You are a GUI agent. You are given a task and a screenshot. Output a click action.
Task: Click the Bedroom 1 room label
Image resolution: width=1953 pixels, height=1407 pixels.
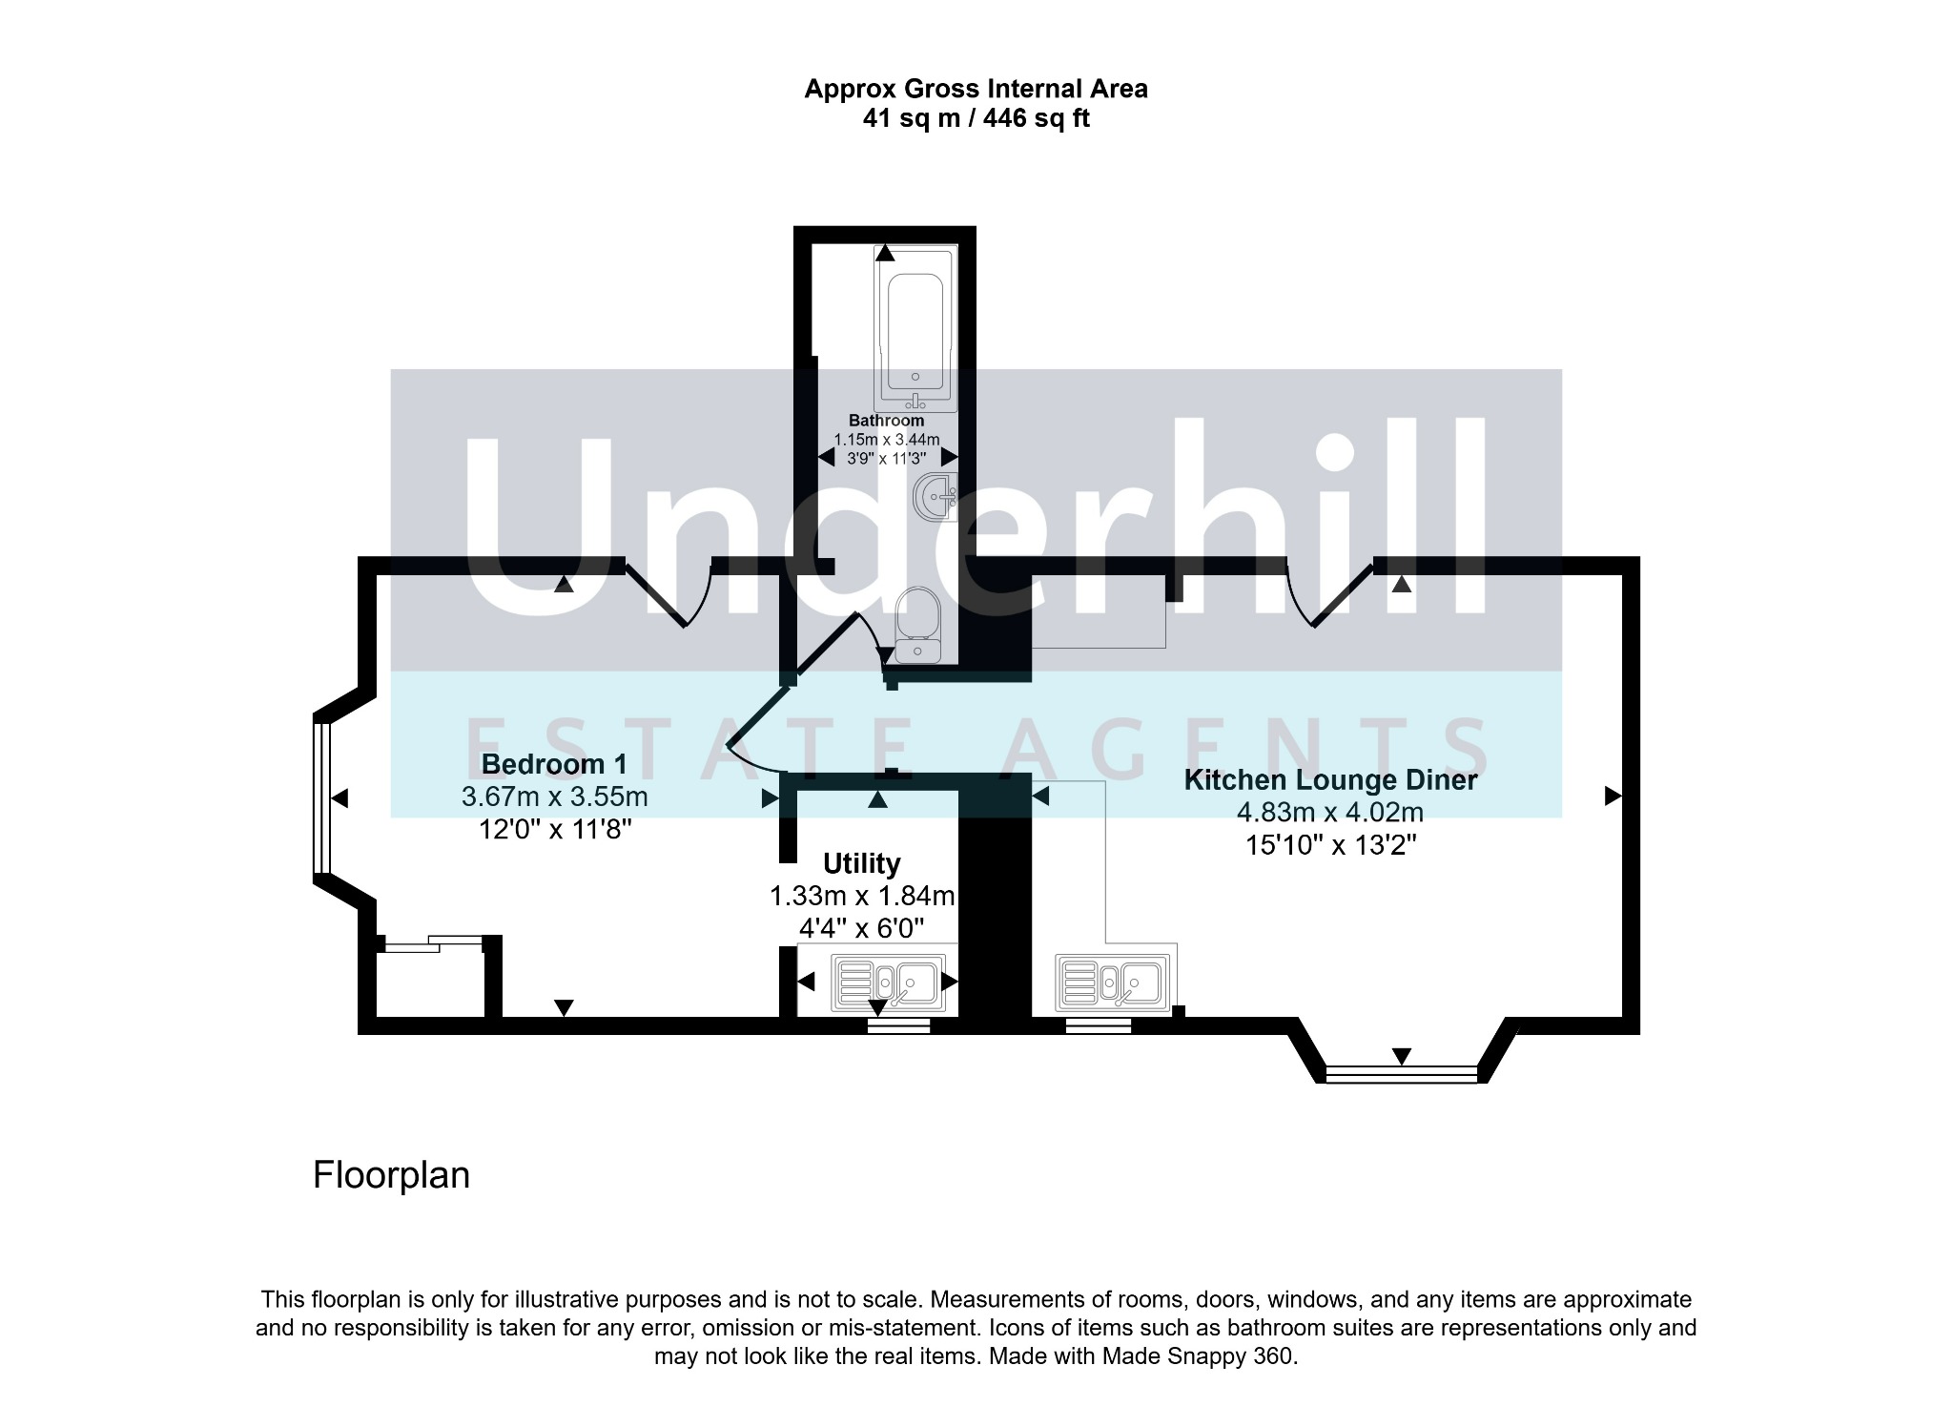(x=554, y=764)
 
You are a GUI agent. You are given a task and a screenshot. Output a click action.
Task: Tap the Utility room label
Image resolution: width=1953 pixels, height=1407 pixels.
(x=861, y=863)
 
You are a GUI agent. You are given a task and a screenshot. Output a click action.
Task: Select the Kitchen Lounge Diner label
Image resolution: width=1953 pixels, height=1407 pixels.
(x=1330, y=779)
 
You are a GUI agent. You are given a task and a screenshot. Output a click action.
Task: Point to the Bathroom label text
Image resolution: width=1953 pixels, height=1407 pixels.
(x=886, y=421)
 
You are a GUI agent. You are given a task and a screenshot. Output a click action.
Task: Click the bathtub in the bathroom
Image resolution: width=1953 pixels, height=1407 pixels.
(x=915, y=329)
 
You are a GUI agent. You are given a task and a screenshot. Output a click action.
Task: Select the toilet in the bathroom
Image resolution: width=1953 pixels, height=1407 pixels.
(x=918, y=625)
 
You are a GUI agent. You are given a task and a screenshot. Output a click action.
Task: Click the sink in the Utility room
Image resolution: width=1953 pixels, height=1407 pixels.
(x=889, y=983)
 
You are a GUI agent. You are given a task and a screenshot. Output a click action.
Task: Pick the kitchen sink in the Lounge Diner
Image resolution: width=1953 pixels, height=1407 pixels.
(x=1111, y=983)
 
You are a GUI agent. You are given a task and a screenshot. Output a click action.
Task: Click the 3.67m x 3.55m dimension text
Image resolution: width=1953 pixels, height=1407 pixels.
(x=554, y=797)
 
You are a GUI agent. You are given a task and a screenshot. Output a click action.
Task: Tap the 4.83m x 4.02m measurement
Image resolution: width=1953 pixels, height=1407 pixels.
(x=1330, y=813)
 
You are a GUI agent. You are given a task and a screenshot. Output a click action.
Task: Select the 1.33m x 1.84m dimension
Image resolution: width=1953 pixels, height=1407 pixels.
(x=862, y=897)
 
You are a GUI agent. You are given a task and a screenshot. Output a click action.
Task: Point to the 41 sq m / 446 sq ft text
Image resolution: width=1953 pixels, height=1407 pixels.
(x=976, y=118)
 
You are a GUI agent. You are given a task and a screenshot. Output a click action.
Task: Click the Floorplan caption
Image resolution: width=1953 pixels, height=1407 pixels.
(x=391, y=1174)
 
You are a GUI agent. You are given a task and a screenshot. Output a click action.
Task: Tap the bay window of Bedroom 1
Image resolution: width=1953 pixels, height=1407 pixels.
(x=322, y=797)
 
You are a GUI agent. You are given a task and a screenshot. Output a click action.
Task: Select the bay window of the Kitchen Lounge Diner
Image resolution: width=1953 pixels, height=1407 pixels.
(x=1401, y=1074)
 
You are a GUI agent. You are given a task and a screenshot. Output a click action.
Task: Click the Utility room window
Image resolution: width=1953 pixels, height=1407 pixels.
(x=898, y=1025)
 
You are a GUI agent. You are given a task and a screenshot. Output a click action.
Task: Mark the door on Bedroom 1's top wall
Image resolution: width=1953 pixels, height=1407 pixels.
(x=668, y=591)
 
